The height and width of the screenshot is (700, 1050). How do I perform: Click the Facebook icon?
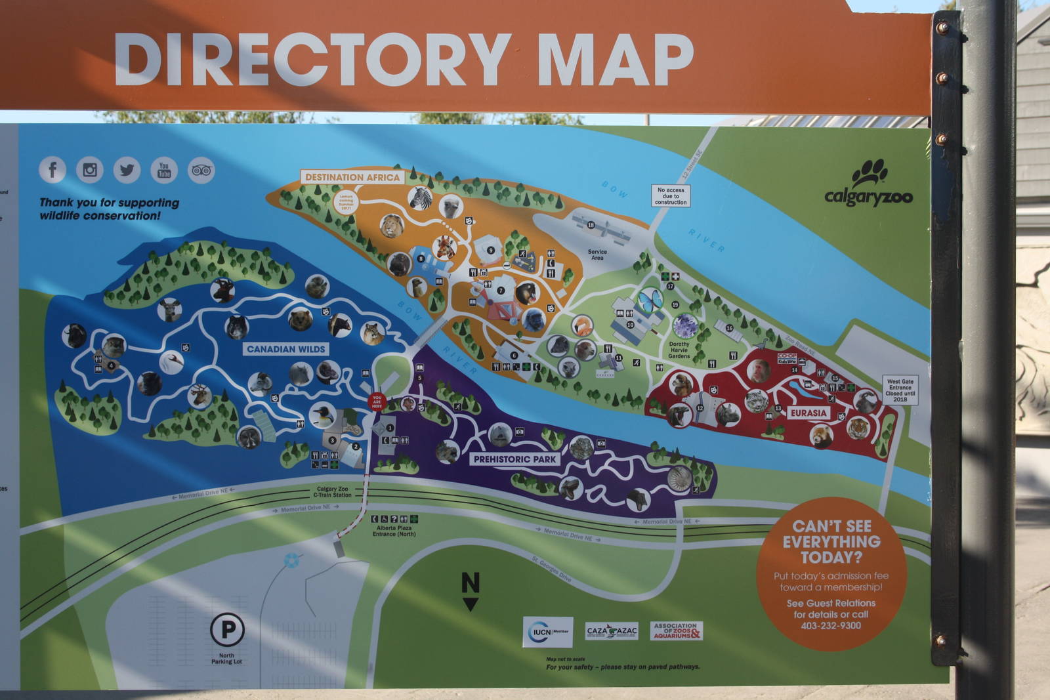[52, 170]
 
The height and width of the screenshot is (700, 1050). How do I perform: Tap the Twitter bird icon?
[127, 170]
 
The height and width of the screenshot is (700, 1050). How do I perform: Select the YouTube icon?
[164, 170]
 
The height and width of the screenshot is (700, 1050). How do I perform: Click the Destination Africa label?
[352, 177]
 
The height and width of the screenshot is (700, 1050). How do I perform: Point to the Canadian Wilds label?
[285, 349]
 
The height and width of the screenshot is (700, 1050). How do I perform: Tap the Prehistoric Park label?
[515, 459]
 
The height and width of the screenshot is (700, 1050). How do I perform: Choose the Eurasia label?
[808, 413]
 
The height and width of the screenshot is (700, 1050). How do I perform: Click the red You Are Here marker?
[377, 401]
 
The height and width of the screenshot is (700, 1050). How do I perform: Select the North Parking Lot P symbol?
[227, 630]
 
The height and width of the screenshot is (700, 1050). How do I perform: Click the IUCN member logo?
[547, 632]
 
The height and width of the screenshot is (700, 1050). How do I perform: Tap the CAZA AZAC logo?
[612, 631]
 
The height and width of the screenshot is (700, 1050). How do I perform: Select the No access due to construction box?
[670, 196]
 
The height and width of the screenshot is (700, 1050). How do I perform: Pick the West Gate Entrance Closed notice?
[900, 390]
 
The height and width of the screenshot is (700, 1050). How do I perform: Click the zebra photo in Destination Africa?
[420, 197]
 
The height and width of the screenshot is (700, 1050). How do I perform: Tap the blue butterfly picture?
[650, 301]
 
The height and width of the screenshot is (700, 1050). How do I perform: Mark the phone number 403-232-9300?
[831, 625]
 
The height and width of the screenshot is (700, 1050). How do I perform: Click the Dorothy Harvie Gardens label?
[679, 350]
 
